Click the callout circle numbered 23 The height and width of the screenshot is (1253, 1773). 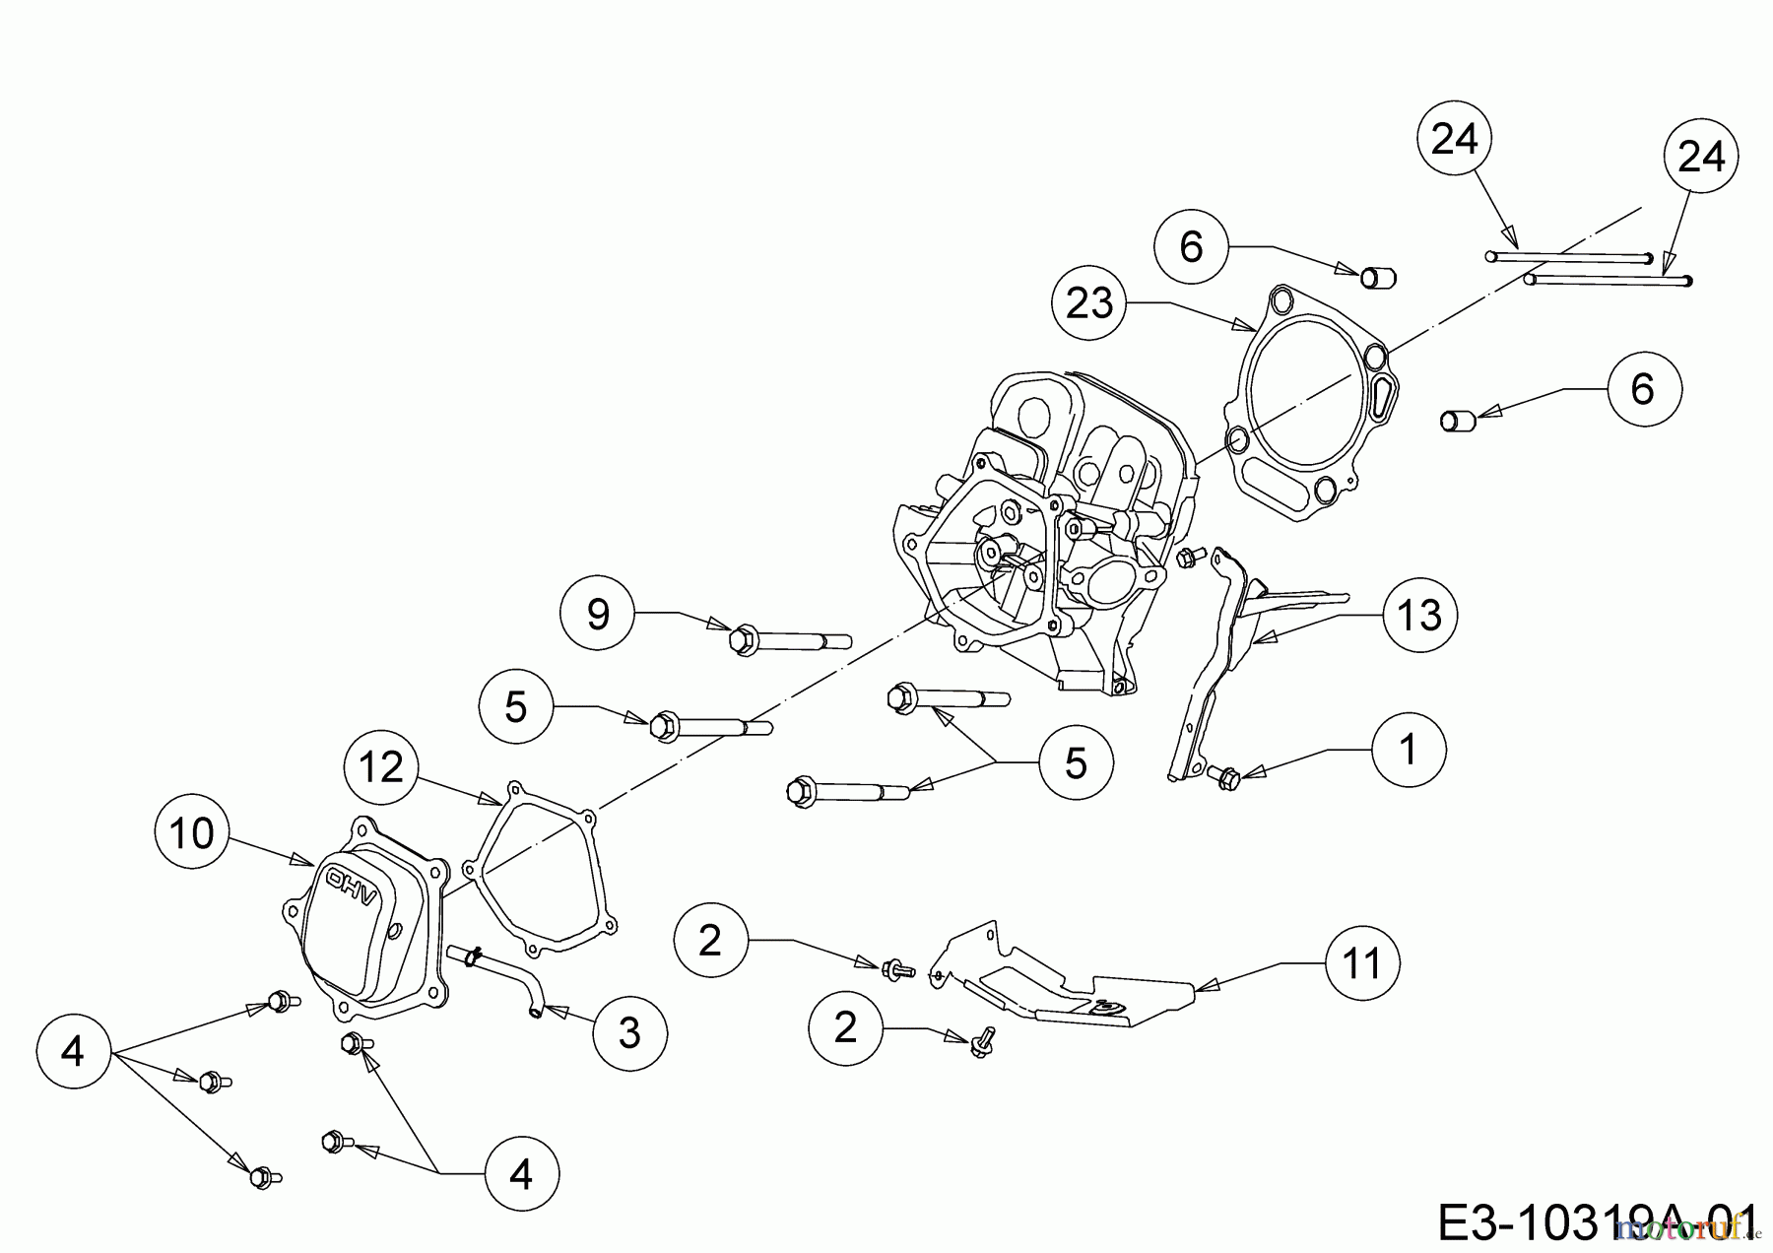1088,304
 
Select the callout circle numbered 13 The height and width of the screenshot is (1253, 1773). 1419,615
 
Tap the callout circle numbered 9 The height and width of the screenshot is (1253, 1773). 597,613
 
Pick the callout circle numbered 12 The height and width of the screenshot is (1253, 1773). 382,766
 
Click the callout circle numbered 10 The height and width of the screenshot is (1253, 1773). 192,833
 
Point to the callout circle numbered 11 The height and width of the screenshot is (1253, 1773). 1362,962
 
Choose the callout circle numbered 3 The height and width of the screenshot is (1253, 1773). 629,1032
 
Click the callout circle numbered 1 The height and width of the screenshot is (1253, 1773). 1409,750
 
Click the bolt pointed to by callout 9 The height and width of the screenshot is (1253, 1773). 788,641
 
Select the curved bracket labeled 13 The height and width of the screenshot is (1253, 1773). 1231,630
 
